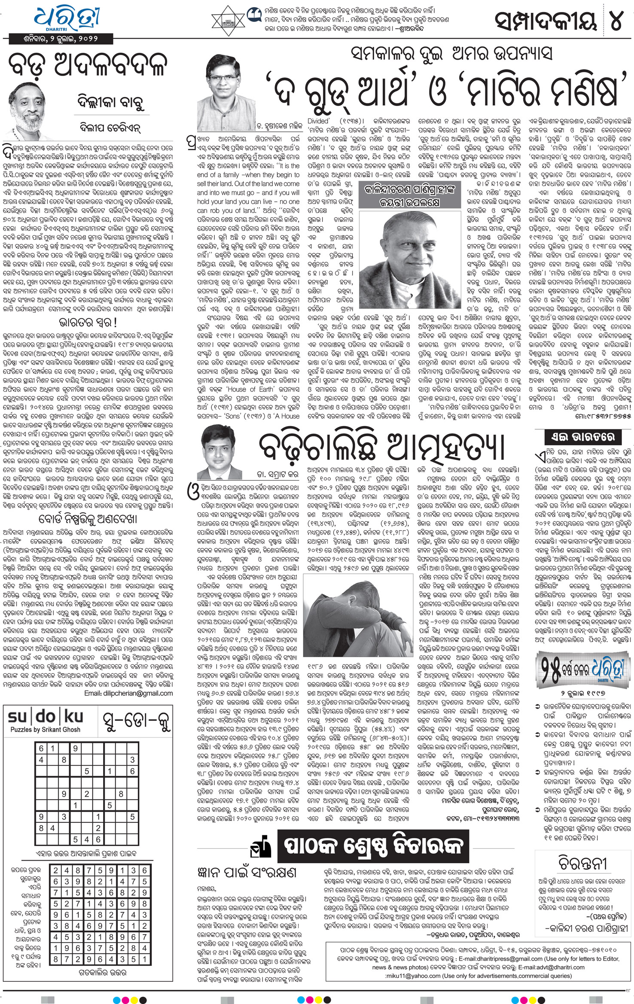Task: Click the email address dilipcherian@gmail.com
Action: tap(128, 693)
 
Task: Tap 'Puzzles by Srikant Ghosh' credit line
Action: tap(46, 729)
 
